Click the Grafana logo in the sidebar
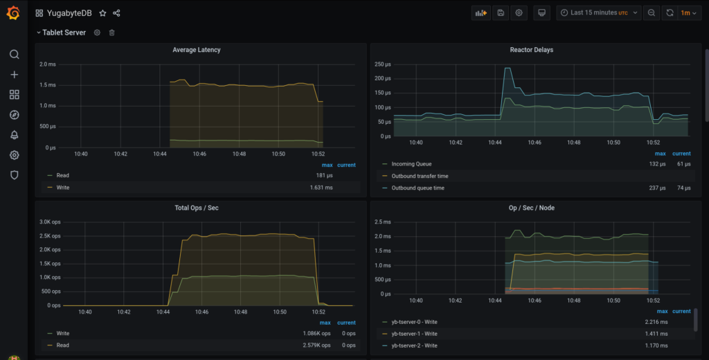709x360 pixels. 13,13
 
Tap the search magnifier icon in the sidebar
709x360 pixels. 14,54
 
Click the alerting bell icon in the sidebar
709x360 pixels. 14,135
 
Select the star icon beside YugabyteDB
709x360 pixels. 102,13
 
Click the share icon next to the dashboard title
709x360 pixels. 116,13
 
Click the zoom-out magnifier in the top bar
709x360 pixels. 652,12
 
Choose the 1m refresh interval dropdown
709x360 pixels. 687,12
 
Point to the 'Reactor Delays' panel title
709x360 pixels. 531,50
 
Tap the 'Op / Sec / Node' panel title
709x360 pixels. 531,208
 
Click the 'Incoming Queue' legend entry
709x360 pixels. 411,164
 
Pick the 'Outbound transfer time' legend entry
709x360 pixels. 420,176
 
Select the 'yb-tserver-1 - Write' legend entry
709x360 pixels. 414,334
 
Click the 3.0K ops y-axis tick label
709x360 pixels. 50,222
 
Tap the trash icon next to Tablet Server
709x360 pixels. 112,33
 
